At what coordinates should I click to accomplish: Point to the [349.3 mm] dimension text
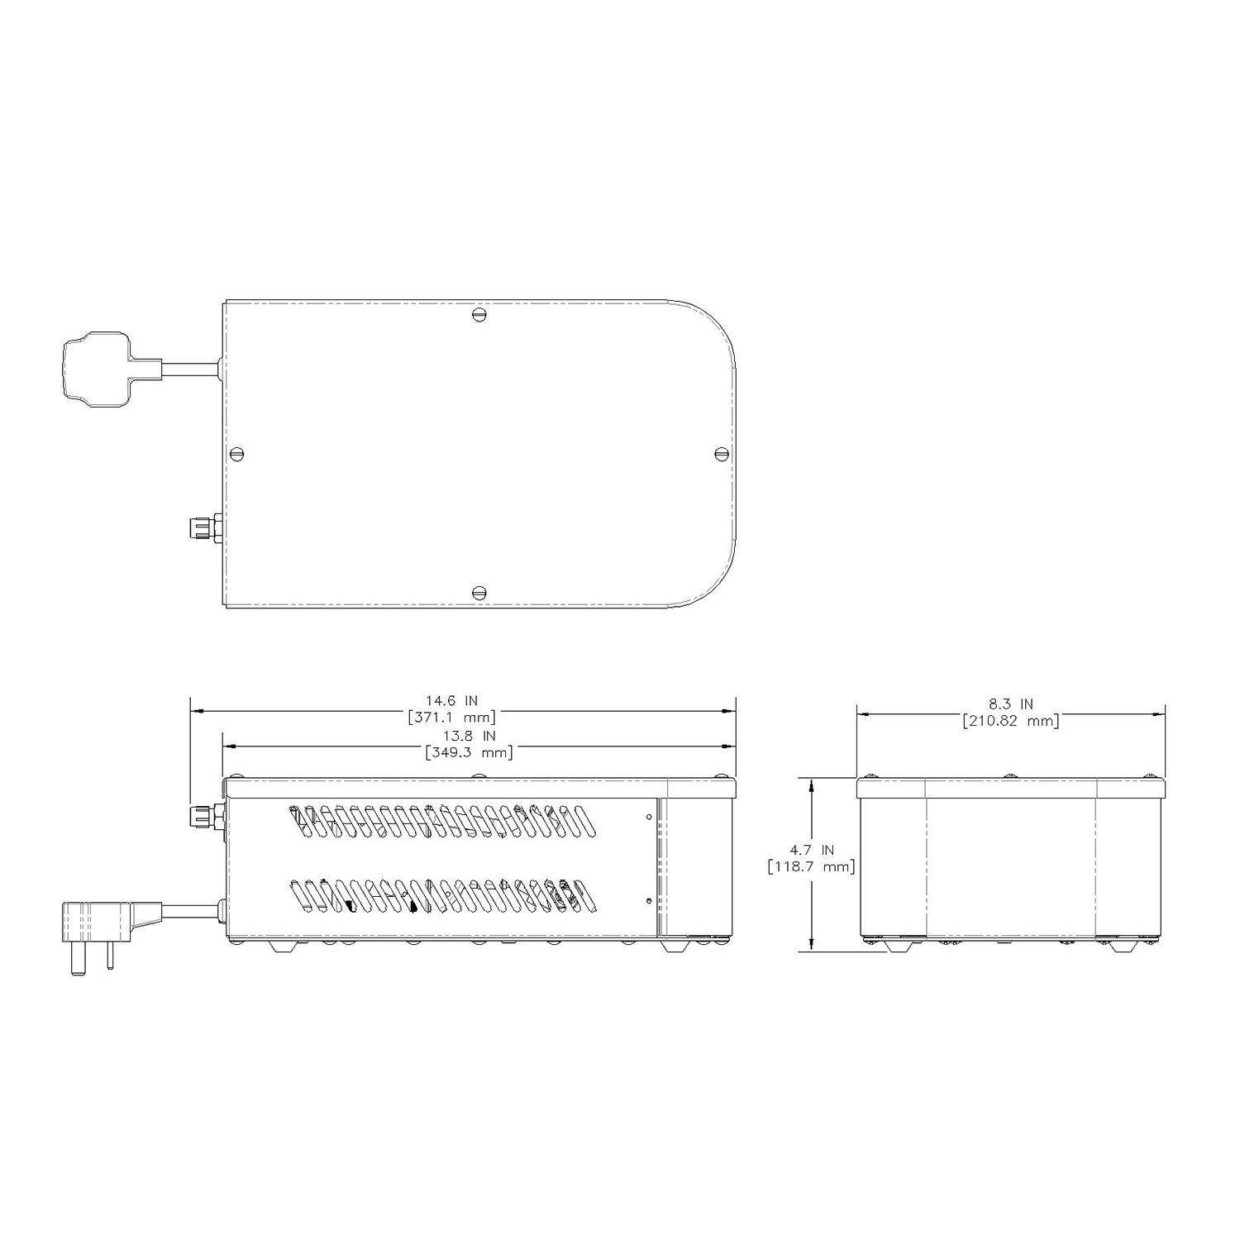coord(469,752)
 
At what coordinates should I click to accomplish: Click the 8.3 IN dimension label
coord(1010,704)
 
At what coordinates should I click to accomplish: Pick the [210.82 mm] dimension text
coord(1010,721)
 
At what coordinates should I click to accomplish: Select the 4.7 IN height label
coord(812,850)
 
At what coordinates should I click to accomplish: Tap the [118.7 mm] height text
coord(810,866)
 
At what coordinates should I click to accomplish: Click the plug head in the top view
coord(95,370)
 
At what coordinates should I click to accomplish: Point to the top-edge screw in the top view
coord(479,314)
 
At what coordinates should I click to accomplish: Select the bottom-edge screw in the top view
coord(479,592)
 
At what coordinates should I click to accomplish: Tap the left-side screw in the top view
coord(239,453)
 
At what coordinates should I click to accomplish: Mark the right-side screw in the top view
coord(721,453)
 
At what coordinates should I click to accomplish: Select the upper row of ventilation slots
coord(438,820)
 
